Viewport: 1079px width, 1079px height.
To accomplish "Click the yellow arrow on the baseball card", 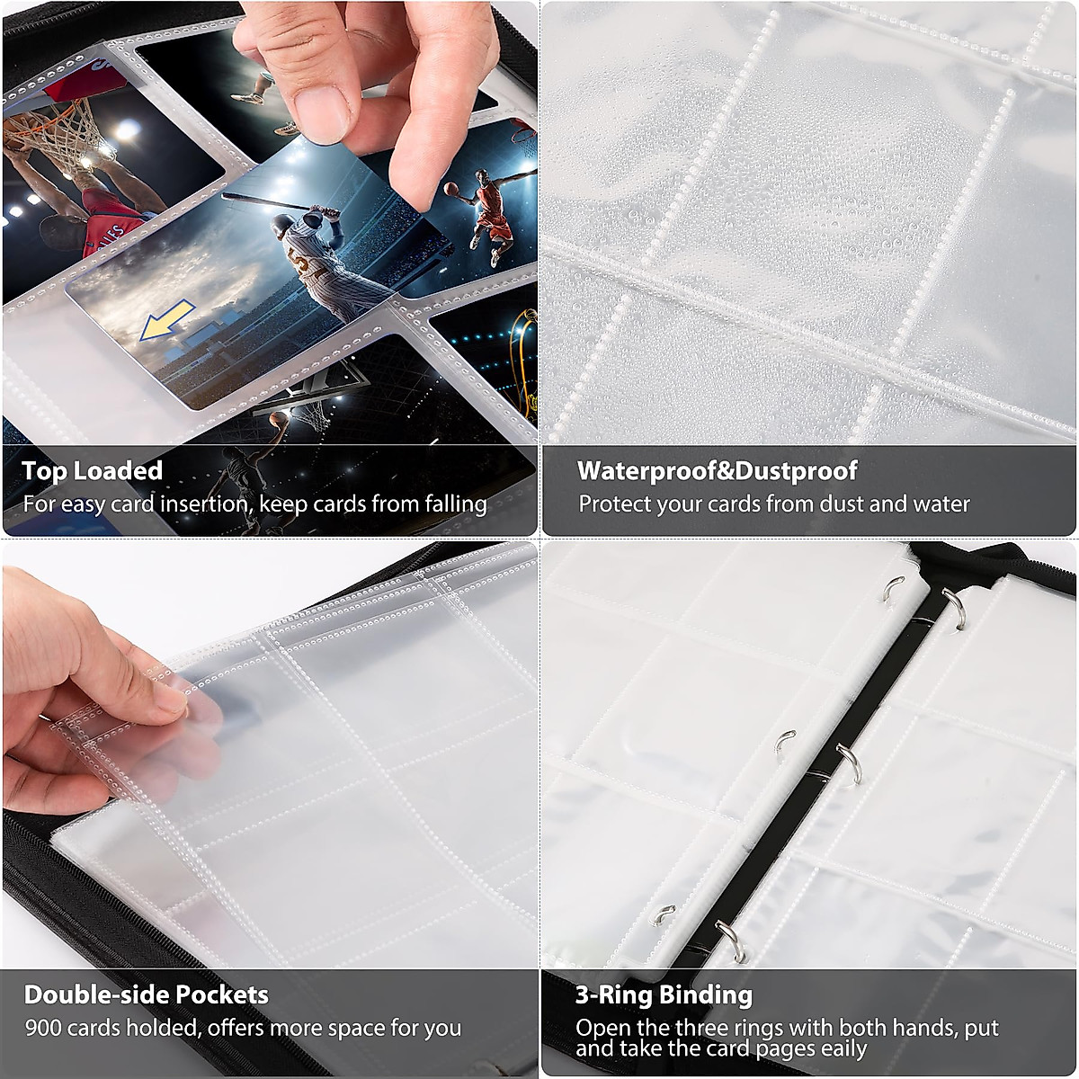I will pos(167,321).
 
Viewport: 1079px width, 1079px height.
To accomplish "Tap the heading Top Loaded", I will pos(92,471).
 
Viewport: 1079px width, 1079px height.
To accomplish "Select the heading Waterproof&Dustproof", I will pos(717,471).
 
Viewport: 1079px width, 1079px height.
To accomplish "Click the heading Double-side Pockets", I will pos(146,994).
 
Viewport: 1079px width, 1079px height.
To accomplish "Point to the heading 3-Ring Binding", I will pos(664,994).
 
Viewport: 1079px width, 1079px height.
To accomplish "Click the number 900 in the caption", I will pos(44,1028).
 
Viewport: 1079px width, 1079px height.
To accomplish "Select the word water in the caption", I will pos(941,504).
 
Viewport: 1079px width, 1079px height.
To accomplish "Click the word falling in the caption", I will pos(455,504).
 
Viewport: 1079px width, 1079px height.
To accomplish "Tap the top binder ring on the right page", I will pos(955,605).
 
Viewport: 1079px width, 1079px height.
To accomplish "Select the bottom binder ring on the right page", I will pos(728,940).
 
